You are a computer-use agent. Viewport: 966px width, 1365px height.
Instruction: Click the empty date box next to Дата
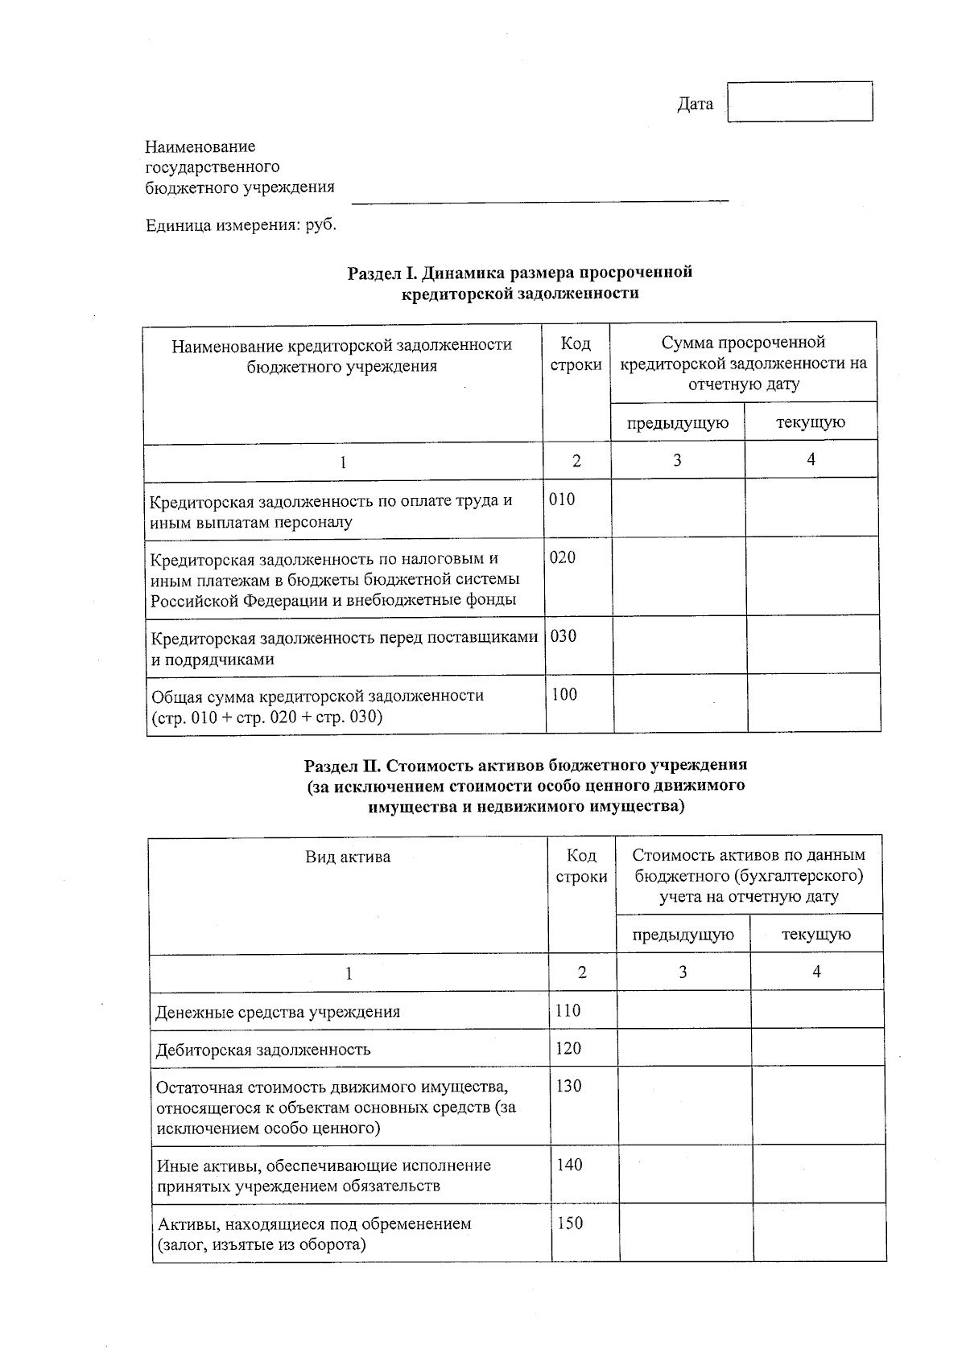[799, 101]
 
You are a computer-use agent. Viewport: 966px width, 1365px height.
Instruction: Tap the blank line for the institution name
[539, 193]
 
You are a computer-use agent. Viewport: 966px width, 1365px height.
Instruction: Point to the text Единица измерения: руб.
[241, 225]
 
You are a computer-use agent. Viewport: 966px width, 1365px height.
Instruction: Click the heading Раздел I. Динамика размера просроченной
[519, 272]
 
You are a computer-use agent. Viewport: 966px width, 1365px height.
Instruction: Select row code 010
[562, 500]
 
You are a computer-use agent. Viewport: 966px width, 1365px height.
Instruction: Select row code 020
[562, 557]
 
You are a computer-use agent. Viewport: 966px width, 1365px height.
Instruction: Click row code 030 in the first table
[563, 636]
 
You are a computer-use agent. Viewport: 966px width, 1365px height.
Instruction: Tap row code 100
[564, 695]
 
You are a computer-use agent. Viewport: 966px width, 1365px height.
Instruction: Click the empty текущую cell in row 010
[811, 508]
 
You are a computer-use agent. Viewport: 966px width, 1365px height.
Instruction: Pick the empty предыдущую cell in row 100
[680, 703]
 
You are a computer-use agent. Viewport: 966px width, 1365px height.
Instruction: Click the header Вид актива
[348, 857]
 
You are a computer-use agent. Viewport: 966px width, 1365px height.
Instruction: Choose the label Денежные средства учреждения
[278, 1012]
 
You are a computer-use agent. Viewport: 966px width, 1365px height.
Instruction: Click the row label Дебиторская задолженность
[263, 1050]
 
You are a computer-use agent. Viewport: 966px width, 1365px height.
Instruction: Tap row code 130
[568, 1086]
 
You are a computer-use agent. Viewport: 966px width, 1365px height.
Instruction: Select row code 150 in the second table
[570, 1223]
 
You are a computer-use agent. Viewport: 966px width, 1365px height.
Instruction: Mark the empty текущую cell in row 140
[818, 1174]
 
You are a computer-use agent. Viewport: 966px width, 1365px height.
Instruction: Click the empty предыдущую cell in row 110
[683, 1010]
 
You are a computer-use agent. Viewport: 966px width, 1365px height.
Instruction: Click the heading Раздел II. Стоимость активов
[526, 764]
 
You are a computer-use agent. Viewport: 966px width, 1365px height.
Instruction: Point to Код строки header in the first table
[576, 354]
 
